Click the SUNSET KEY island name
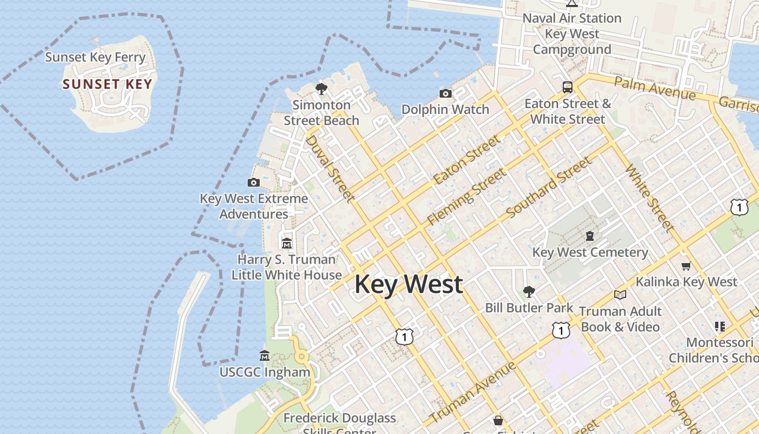pyautogui.click(x=107, y=84)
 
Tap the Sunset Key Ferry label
pyautogui.click(x=95, y=57)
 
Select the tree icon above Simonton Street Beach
pyautogui.click(x=321, y=89)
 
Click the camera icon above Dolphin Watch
pyautogui.click(x=445, y=93)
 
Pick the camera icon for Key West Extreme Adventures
pyautogui.click(x=253, y=182)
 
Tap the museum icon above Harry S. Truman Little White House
pyautogui.click(x=286, y=243)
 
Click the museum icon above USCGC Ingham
pyautogui.click(x=265, y=356)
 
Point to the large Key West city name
pyautogui.click(x=409, y=284)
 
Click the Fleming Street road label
pyautogui.click(x=466, y=197)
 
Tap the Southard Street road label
pyautogui.click(x=548, y=187)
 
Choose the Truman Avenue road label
pyautogui.click(x=473, y=392)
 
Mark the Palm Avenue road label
pyautogui.click(x=655, y=88)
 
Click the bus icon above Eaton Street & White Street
pyautogui.click(x=567, y=87)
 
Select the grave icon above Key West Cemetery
pyautogui.click(x=589, y=236)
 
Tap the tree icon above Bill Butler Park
pyautogui.click(x=529, y=292)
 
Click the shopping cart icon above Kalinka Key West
pyautogui.click(x=686, y=266)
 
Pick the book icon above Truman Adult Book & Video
pyautogui.click(x=620, y=295)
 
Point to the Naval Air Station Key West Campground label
pyautogui.click(x=571, y=34)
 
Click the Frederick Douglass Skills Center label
pyautogui.click(x=339, y=423)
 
